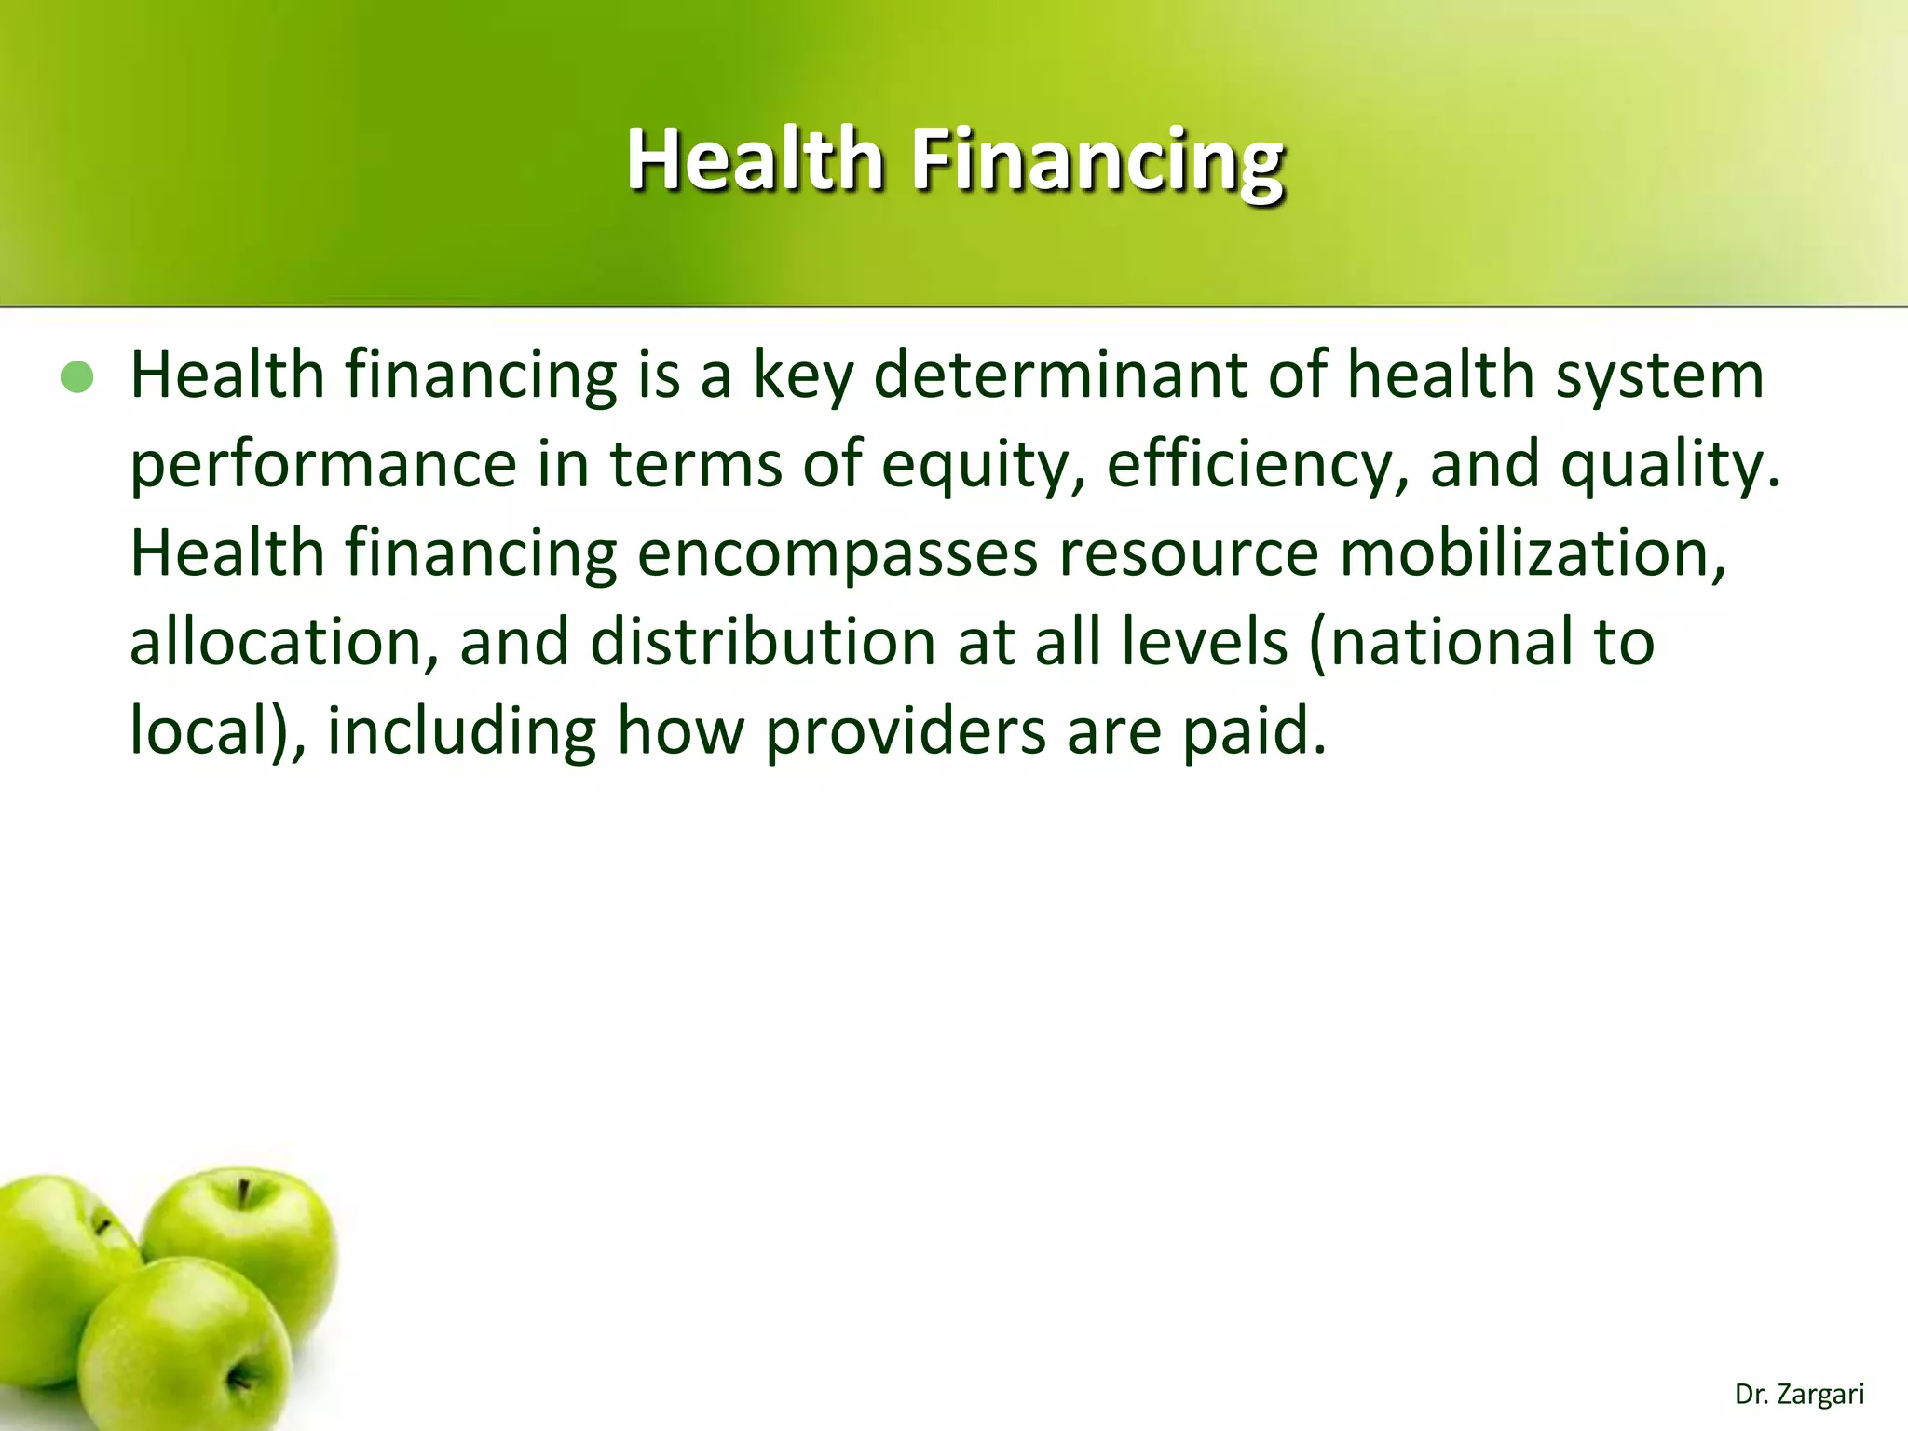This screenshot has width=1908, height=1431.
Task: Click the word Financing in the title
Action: click(1097, 160)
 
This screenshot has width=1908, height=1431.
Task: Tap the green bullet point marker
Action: click(77, 378)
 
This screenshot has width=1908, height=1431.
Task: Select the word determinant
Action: click(1060, 375)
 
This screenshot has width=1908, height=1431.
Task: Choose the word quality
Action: click(1669, 466)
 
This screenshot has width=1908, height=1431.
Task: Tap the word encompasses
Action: click(838, 554)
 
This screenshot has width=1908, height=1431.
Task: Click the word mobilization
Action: click(1533, 554)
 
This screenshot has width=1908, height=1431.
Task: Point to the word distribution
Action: click(763, 643)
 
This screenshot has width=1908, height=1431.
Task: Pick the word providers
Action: click(906, 732)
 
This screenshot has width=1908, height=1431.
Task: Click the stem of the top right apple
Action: click(244, 1193)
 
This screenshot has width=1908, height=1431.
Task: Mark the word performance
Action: click(322, 466)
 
